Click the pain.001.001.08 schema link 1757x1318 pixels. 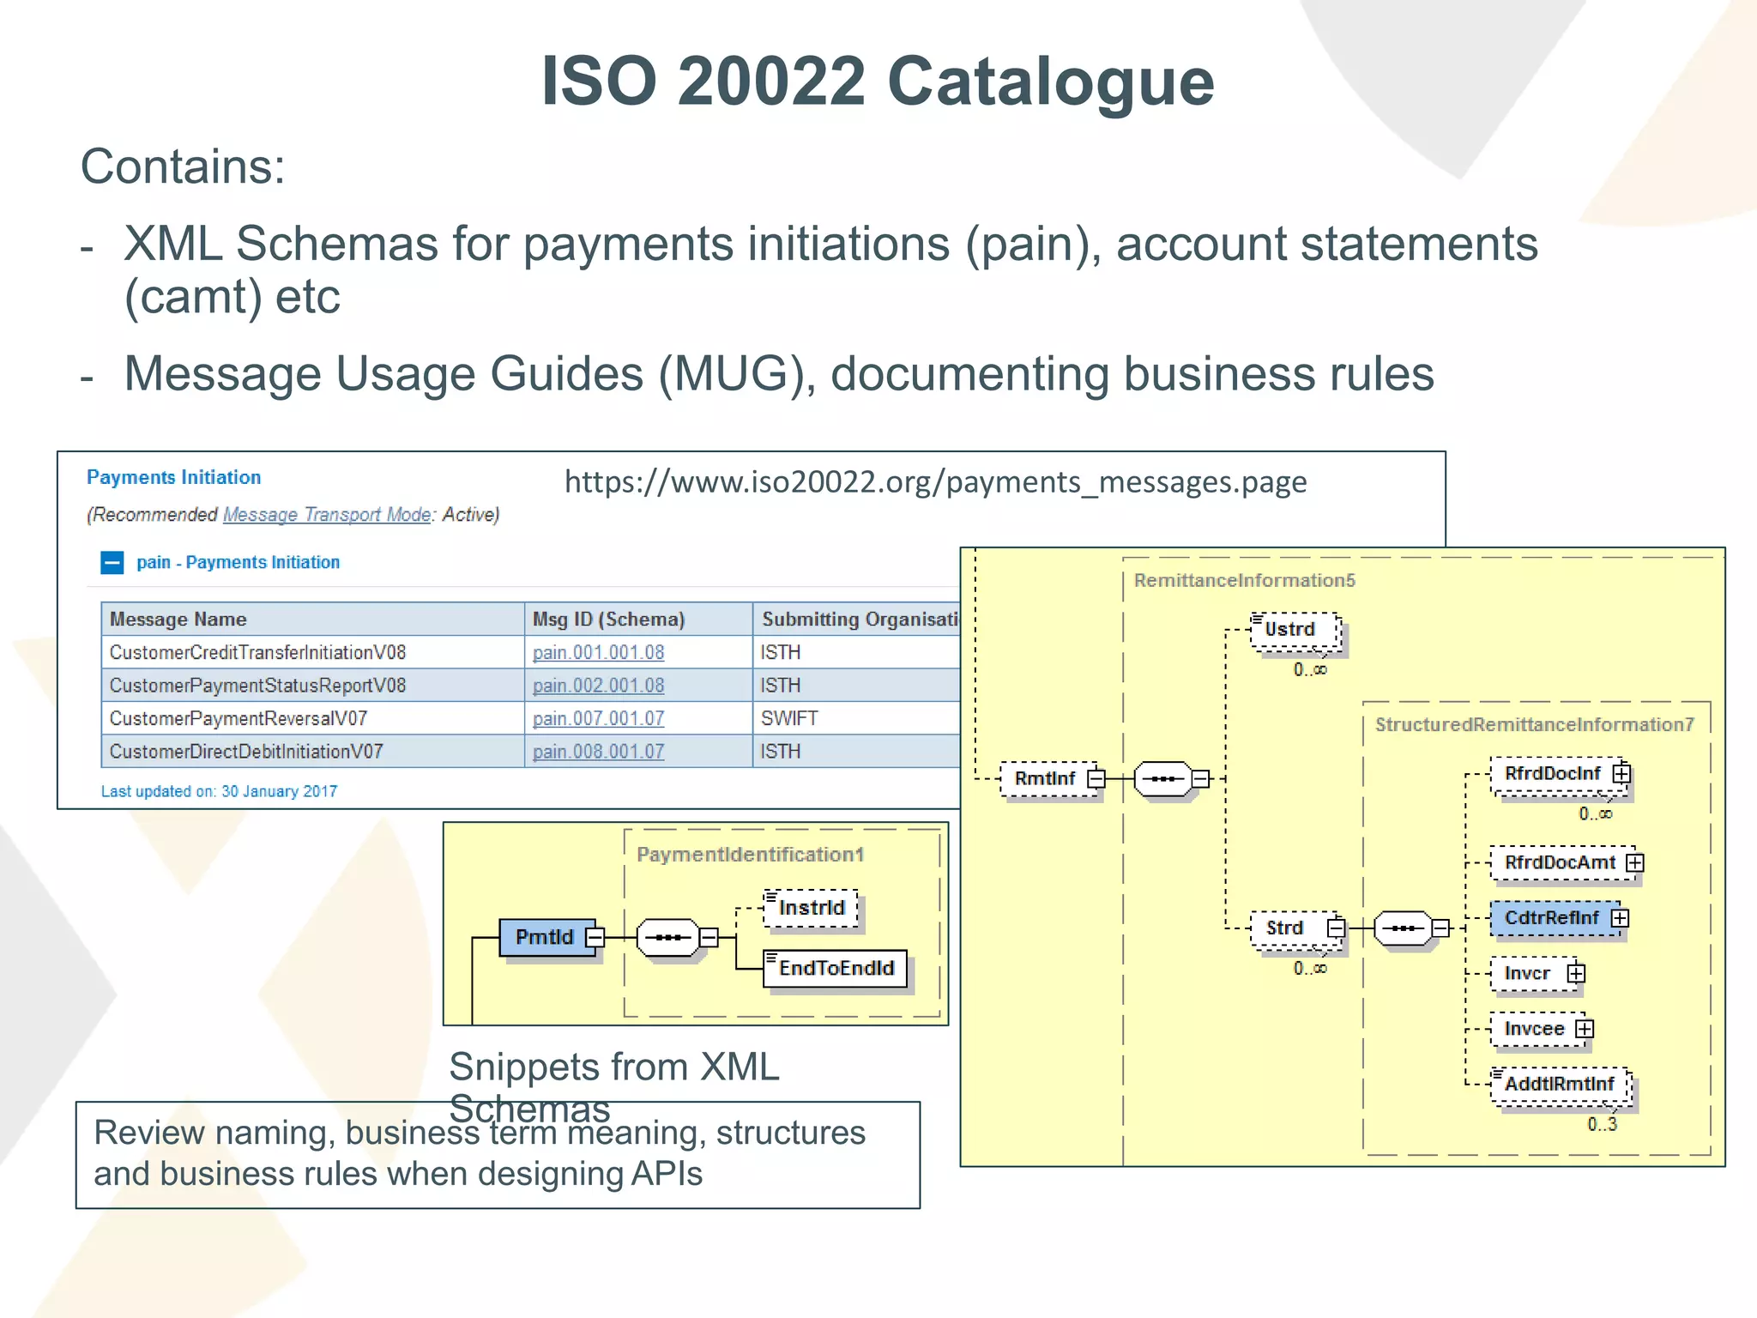coord(598,652)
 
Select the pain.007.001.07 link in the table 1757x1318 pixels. coord(598,718)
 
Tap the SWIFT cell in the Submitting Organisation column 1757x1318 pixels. coord(789,718)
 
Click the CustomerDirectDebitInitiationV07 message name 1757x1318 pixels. coord(246,752)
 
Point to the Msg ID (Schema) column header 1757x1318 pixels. coord(608,620)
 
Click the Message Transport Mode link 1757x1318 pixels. coord(327,515)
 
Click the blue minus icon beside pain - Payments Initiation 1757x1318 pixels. coord(112,563)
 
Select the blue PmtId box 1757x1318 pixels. coord(545,937)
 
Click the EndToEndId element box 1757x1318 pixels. coord(836,969)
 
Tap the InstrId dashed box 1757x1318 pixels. coord(811,908)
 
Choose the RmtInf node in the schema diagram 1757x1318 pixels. coord(1045,778)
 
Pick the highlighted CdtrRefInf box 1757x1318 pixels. coord(1551,918)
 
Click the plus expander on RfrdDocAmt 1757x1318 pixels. coord(1635,862)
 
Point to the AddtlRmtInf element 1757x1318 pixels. coord(1560,1085)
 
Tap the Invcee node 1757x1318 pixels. coord(1535,1029)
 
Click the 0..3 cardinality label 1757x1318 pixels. coord(1602,1124)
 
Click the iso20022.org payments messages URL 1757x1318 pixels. coord(935,482)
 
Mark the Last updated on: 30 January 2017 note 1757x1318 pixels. coord(220,791)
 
